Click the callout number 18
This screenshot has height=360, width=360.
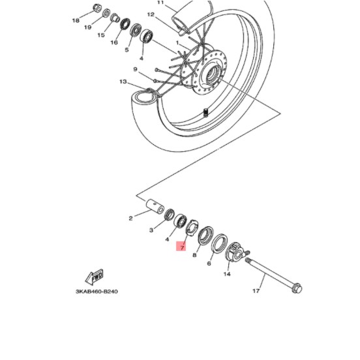coord(75,21)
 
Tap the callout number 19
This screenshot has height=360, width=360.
coord(88,28)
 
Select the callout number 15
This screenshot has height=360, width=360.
coord(101,35)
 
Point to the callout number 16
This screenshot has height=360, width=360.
coord(114,43)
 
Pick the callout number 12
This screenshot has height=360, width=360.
coord(151,14)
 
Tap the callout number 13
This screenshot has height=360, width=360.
coord(123,82)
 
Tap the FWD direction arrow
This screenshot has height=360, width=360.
coord(95,277)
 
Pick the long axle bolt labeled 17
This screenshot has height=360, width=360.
coord(271,275)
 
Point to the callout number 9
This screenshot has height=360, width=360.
coord(136,69)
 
